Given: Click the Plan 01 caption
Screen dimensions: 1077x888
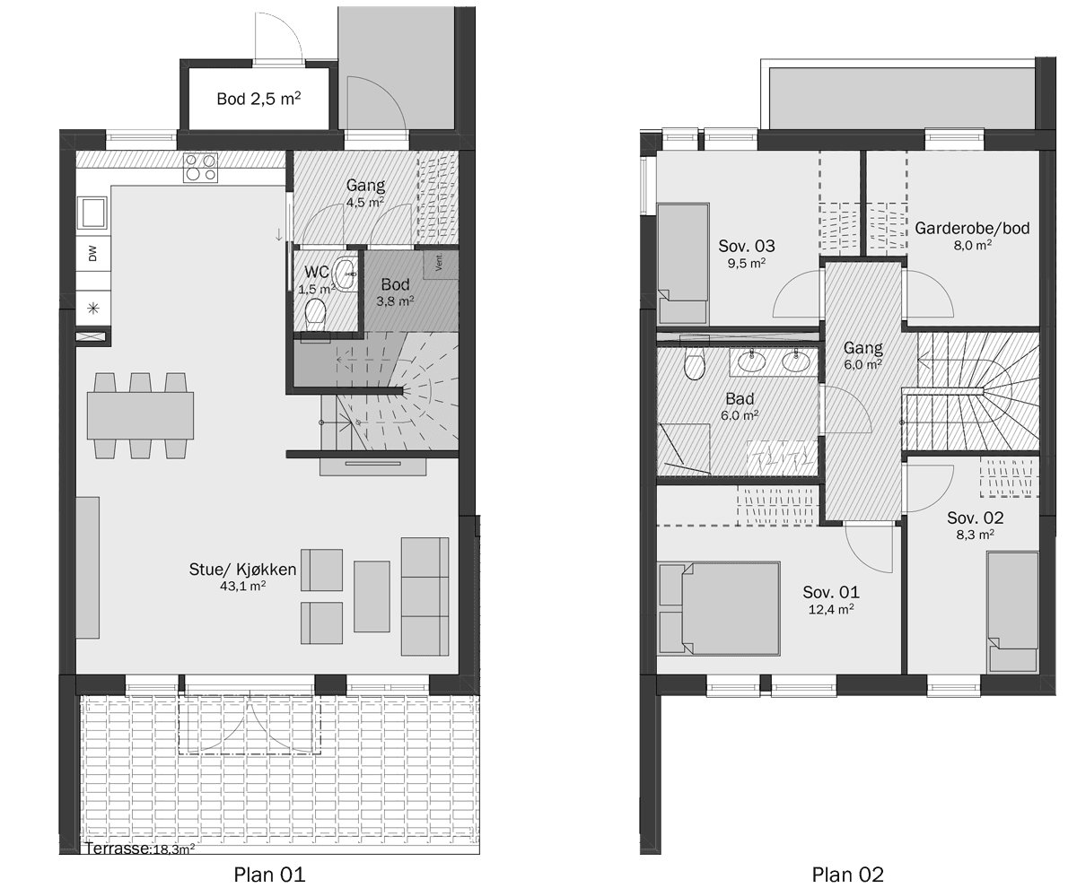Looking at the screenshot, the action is [x=269, y=874].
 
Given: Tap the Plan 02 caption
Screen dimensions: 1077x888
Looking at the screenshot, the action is [x=847, y=874].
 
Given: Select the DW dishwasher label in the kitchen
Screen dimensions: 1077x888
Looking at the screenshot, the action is [x=92, y=254].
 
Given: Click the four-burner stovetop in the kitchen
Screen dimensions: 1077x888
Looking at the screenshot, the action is [x=201, y=167].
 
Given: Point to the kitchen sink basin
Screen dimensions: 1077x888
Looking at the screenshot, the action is [x=92, y=212].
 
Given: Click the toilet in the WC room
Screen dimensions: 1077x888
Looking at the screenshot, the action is [x=315, y=314].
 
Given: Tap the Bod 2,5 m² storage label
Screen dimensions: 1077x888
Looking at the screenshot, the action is [x=258, y=98].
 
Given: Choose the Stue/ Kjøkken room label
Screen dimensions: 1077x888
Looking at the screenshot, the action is [x=242, y=570].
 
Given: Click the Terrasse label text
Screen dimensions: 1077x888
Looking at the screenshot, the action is [x=117, y=849].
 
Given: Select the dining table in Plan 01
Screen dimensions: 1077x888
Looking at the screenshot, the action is [x=140, y=415].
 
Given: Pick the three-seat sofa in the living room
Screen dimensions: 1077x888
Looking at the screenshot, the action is [x=425, y=596].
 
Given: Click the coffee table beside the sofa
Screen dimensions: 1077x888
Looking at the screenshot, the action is [x=372, y=596].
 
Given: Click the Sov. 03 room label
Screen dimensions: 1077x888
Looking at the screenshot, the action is [x=747, y=246].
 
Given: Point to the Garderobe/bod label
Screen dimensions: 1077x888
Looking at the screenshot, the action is [x=972, y=228].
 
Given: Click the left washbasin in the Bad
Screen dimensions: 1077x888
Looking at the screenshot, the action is [x=752, y=361].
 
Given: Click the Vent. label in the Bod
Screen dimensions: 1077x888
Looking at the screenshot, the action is [x=439, y=263].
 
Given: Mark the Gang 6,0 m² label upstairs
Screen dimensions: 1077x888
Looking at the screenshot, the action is [x=862, y=356].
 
